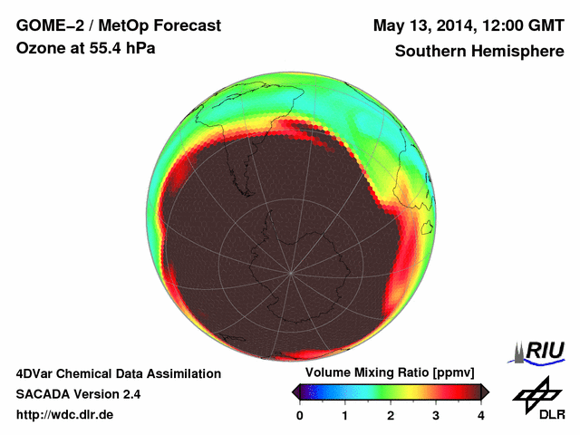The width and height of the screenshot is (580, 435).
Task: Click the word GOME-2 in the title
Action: [x=46, y=25]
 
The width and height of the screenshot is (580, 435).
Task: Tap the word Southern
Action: [x=430, y=52]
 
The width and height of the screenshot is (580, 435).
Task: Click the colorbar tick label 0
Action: [x=300, y=415]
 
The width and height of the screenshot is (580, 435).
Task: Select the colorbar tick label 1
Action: [x=345, y=415]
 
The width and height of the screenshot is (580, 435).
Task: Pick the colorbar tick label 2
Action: [x=391, y=415]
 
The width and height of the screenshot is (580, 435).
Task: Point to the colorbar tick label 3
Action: [x=436, y=415]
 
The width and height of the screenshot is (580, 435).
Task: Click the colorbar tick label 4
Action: [x=481, y=415]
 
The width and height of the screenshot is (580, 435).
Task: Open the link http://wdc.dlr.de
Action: [x=64, y=415]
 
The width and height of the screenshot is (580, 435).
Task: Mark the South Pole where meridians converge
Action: [x=291, y=272]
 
